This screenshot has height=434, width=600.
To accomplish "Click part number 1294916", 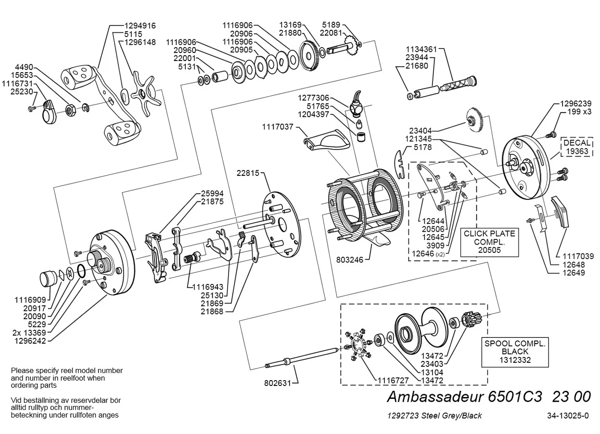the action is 140,25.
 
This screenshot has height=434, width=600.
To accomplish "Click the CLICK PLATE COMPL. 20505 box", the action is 489,242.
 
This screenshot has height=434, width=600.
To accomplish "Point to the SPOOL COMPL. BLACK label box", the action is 515,352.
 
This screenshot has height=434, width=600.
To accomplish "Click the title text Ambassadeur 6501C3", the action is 464,397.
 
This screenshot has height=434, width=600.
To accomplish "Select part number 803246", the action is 350,260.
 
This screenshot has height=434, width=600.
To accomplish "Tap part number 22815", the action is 248,173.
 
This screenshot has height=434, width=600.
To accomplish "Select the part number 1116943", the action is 207,287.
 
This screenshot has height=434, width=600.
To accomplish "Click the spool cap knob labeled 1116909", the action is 49,279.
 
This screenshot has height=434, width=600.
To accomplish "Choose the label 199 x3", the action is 579,112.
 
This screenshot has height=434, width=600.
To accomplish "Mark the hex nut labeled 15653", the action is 71,110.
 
